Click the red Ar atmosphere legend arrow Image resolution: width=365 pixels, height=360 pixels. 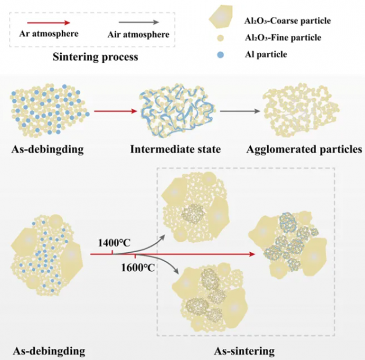pos(49,22)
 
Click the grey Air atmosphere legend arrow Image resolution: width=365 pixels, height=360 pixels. pos(139,22)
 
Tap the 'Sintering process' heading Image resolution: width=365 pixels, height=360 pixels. pos(95,57)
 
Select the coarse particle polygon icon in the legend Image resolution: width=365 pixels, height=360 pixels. pos(221,16)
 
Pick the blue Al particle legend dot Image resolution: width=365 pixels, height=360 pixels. pos(220,54)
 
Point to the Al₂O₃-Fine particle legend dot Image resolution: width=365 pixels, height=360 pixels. pos(220,38)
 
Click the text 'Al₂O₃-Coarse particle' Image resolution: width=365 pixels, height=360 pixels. pos(288,21)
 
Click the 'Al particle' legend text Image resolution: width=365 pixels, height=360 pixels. pos(266,54)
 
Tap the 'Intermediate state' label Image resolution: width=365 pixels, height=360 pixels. pos(175,149)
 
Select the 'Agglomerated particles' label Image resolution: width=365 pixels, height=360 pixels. pos(304,149)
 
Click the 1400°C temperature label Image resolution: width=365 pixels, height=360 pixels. pos(114,243)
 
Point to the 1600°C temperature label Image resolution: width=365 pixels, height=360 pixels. pos(138,268)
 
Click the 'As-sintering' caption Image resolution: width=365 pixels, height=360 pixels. pos(244,351)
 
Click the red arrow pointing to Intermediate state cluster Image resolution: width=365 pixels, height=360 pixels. pos(116,111)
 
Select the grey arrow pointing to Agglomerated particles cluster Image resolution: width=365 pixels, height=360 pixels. pos(240,111)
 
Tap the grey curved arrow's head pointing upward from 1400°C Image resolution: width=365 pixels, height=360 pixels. pos(162,237)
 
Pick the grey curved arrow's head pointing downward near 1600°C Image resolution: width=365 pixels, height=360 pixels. pos(176,271)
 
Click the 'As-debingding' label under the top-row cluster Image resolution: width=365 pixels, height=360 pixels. pos(48,149)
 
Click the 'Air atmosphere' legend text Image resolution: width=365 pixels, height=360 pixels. pos(138,34)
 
